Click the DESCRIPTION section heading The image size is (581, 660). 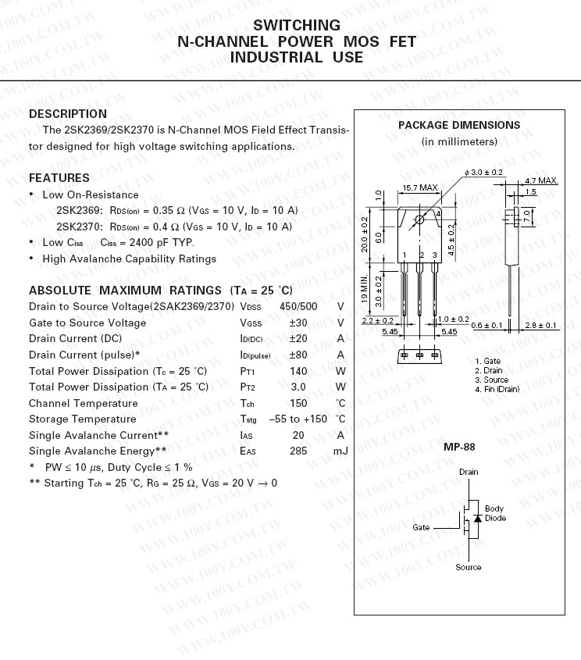(x=68, y=114)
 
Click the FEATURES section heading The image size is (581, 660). (x=59, y=177)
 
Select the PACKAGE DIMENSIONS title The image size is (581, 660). (x=458, y=125)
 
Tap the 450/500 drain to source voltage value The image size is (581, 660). (x=298, y=306)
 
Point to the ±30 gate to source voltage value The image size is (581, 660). (x=298, y=323)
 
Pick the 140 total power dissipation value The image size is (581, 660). (x=298, y=371)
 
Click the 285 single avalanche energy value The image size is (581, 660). (x=298, y=451)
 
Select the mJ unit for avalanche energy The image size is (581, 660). (x=340, y=451)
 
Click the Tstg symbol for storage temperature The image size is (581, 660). (x=248, y=419)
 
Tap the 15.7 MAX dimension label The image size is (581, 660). (x=419, y=187)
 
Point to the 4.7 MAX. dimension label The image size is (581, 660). (x=541, y=180)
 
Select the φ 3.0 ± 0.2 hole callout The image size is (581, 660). (x=483, y=172)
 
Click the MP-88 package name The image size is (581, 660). (x=459, y=448)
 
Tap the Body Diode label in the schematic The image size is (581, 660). (x=495, y=513)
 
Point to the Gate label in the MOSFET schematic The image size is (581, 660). (x=421, y=527)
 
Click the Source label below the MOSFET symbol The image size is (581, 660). (x=469, y=567)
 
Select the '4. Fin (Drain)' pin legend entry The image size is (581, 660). (x=497, y=389)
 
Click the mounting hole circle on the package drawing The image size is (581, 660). (x=419, y=219)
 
